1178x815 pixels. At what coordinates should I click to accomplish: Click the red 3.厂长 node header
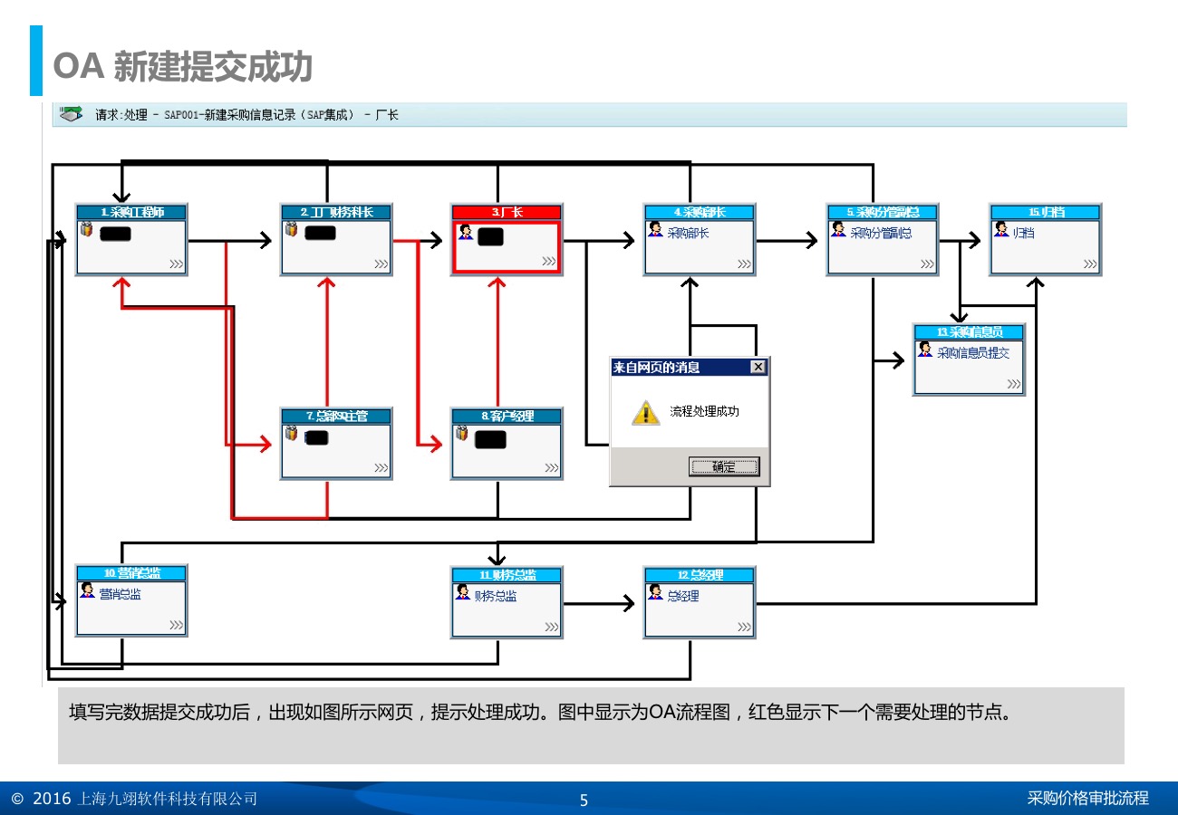(507, 212)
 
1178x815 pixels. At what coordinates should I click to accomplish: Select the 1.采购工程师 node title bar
(131, 212)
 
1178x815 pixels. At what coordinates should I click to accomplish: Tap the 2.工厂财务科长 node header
(336, 212)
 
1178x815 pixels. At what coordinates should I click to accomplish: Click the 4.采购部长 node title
(699, 212)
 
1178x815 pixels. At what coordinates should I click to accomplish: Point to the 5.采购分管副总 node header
(882, 212)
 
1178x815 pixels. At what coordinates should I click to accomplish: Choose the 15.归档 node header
(1045, 212)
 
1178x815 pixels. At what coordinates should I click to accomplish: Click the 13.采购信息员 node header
(969, 332)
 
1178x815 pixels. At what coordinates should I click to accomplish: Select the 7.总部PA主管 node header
(336, 416)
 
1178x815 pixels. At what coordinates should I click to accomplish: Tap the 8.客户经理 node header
(507, 416)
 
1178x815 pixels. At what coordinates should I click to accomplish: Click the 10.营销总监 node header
(131, 573)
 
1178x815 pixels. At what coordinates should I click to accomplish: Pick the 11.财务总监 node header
(507, 574)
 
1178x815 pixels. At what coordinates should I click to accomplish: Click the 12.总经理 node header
(699, 574)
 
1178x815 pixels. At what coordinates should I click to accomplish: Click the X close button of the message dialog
(758, 367)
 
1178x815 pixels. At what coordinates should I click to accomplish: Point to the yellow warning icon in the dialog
(645, 412)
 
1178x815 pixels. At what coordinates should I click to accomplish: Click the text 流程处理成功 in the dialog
(704, 411)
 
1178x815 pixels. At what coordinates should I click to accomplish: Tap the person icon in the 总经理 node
(655, 592)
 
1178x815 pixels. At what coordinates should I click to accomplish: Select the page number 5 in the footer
(584, 800)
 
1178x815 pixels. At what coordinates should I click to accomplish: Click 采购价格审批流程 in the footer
(1087, 798)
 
